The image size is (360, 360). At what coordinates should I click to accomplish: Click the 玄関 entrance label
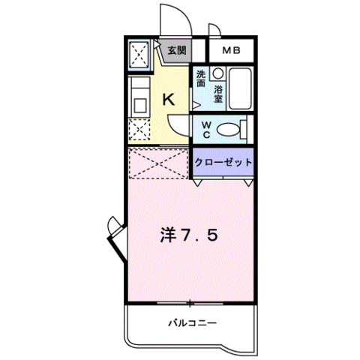coord(177,51)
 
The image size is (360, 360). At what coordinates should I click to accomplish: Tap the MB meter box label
coord(232,51)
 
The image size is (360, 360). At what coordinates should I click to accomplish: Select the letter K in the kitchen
coord(169,100)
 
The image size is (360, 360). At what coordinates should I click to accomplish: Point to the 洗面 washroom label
coord(201,79)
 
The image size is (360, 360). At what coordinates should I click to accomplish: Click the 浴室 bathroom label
coord(218,94)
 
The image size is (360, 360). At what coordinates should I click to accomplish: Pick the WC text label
coord(206,130)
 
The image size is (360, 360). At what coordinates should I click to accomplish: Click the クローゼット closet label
coord(223,163)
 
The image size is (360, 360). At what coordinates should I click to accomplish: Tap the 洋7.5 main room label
coord(189,235)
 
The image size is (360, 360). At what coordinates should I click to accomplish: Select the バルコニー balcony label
coord(192,323)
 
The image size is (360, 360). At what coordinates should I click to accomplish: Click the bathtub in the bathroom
coord(240,88)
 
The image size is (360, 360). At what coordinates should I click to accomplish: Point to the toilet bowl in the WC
coord(228,130)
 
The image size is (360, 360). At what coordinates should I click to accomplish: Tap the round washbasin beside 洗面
coord(218,73)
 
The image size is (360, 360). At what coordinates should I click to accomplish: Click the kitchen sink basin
coord(140,105)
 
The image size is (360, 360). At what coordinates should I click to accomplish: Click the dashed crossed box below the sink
coord(139,130)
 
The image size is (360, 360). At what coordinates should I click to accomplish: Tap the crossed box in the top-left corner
coord(139,54)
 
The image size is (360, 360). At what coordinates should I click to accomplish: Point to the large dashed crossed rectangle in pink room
coord(158,163)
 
